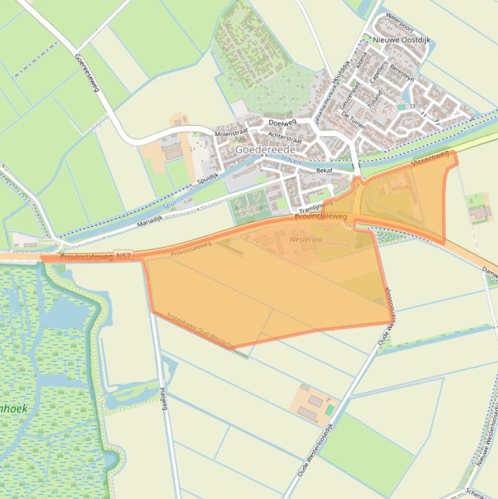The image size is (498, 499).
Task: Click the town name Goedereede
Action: click(265, 149)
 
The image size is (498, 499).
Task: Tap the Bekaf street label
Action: click(324, 170)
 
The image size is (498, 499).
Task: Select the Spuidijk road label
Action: click(209, 176)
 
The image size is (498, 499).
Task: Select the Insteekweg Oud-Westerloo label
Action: click(200, 331)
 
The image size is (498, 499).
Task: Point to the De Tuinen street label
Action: click(353, 120)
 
